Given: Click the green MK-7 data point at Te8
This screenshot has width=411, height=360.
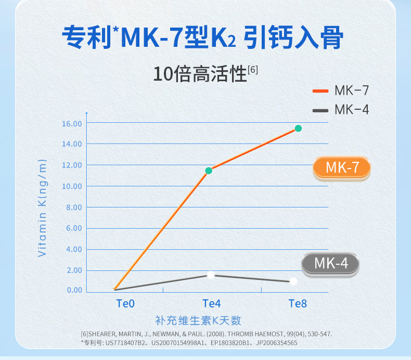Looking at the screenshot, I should tap(298, 128).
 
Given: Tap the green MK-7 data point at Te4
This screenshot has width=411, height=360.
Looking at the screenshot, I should tap(209, 171).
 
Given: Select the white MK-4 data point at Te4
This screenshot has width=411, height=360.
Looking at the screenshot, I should tap(211, 275).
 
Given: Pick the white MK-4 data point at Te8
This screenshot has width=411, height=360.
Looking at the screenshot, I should tap(293, 281).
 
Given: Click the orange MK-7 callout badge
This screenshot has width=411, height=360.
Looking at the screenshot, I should tap(342, 168).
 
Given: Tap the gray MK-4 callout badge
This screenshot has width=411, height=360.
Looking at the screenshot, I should tap(331, 263).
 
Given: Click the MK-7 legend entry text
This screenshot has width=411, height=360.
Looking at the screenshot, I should tap(352, 91).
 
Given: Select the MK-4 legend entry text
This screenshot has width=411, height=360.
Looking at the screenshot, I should tap(352, 110).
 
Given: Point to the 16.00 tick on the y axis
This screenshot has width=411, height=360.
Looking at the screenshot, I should tap(72, 123).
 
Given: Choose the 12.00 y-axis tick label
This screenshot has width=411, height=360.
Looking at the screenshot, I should tap(72, 165).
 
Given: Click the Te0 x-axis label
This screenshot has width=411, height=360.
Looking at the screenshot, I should tap(125, 303).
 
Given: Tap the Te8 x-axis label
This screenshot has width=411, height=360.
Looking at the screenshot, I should tap(298, 303).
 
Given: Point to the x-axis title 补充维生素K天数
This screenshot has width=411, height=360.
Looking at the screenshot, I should tap(198, 320).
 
